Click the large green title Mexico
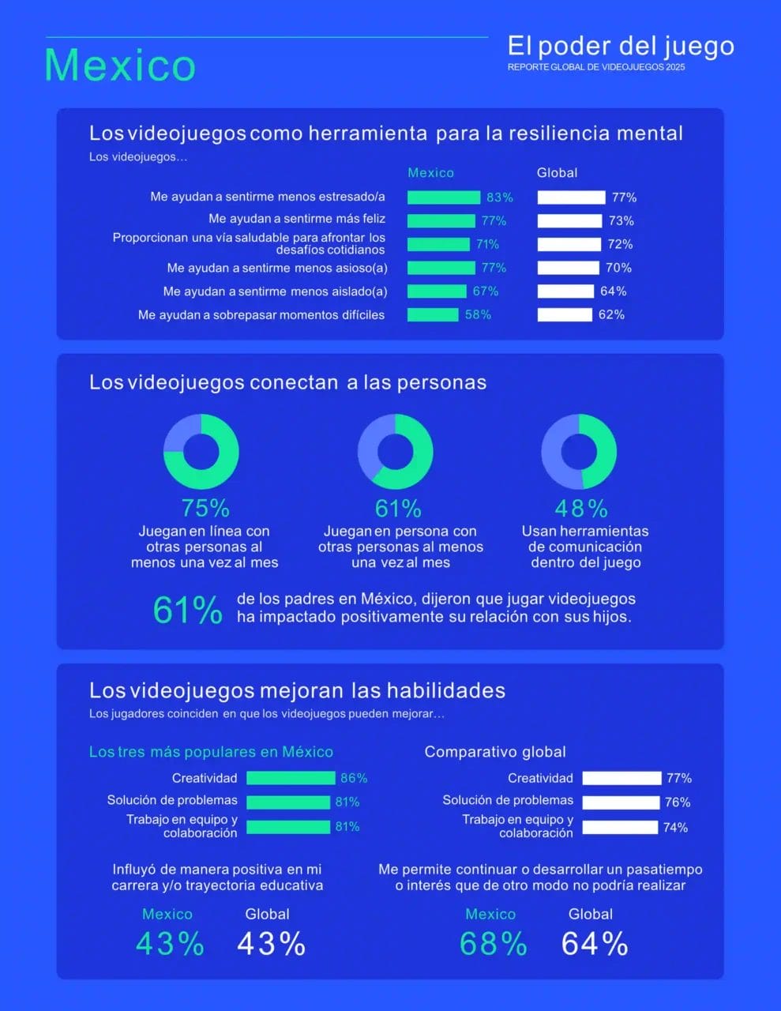(120, 65)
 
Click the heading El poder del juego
(621, 46)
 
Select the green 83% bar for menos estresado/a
(444, 197)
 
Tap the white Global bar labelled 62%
(565, 314)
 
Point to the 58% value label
(478, 314)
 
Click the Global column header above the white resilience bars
(557, 173)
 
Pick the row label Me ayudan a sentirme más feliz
(297, 219)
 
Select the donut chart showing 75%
(201, 452)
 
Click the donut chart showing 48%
(579, 452)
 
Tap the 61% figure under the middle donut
(398, 508)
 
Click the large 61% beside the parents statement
(187, 611)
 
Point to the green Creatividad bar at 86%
(291, 778)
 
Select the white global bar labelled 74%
(620, 827)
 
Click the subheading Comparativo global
(495, 752)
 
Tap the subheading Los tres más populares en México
(211, 752)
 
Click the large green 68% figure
(494, 944)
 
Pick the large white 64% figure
(595, 944)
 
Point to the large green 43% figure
(170, 944)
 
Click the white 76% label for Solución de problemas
(678, 802)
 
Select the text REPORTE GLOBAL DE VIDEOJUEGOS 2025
(596, 67)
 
